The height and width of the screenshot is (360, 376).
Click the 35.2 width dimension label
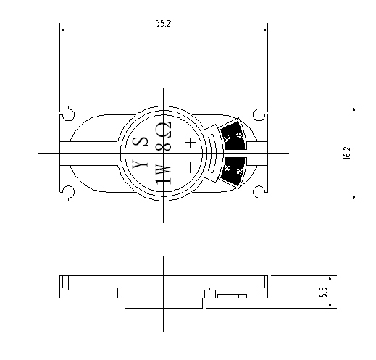(x=164, y=23)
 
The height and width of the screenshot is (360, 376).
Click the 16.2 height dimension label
(x=346, y=153)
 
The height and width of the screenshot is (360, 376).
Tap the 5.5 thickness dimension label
(x=323, y=292)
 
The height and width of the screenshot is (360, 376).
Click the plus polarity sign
(x=191, y=143)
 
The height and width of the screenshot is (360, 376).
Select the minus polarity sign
(x=190, y=167)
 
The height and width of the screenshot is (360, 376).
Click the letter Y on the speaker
(x=140, y=164)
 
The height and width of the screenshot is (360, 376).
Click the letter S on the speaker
(x=140, y=141)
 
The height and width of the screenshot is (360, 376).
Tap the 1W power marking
(x=164, y=174)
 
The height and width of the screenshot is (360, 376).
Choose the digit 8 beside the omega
(x=164, y=146)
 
